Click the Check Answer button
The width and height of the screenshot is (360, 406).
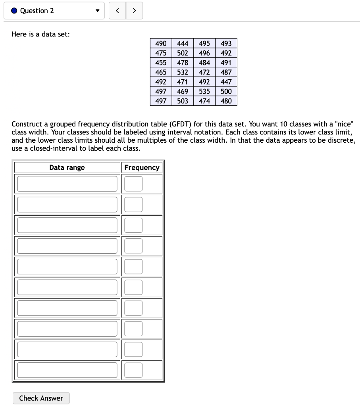(41, 398)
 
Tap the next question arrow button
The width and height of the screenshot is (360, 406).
(134, 11)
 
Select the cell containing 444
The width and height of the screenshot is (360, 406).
(183, 43)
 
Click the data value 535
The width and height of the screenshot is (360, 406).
(204, 91)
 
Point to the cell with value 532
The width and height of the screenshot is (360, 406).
(183, 72)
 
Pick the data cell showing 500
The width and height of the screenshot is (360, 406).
(226, 91)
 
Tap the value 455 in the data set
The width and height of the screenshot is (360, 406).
(161, 63)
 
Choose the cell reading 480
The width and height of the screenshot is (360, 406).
(226, 101)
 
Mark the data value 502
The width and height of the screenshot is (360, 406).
(183, 53)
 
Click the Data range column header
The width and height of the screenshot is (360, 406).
(67, 167)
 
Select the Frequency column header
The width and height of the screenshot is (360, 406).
(142, 167)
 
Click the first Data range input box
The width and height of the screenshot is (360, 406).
(67, 184)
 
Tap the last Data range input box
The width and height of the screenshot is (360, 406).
(67, 370)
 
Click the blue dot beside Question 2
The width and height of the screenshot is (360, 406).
(14, 11)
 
